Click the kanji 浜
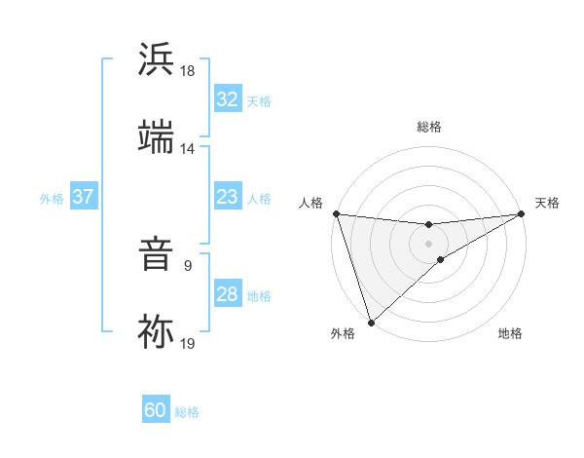click(x=157, y=60)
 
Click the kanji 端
click(x=157, y=137)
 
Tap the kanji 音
click(x=157, y=256)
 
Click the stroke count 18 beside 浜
click(x=188, y=71)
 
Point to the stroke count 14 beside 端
click(x=188, y=149)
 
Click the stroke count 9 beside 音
click(x=188, y=263)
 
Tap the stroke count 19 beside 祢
click(x=188, y=342)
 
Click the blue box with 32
click(x=228, y=99)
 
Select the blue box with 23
click(x=228, y=198)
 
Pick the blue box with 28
click(x=228, y=294)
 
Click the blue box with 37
click(x=83, y=197)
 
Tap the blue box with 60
click(x=156, y=410)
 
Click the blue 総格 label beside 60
click(x=188, y=412)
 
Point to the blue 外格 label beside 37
click(x=52, y=199)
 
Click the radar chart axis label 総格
click(x=429, y=127)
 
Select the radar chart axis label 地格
click(x=510, y=334)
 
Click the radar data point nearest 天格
click(x=522, y=214)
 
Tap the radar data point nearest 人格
click(x=336, y=213)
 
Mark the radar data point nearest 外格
click(x=371, y=322)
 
